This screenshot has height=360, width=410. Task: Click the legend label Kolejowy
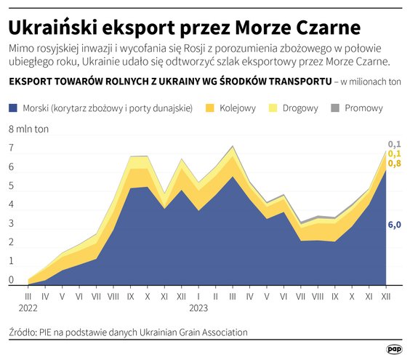click(238, 108)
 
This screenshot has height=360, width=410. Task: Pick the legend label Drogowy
click(300, 108)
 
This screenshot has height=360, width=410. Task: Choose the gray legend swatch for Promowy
click(335, 108)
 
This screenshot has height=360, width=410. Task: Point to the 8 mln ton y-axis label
click(28, 129)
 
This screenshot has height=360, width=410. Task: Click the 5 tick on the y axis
click(11, 185)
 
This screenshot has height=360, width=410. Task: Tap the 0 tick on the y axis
click(11, 280)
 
